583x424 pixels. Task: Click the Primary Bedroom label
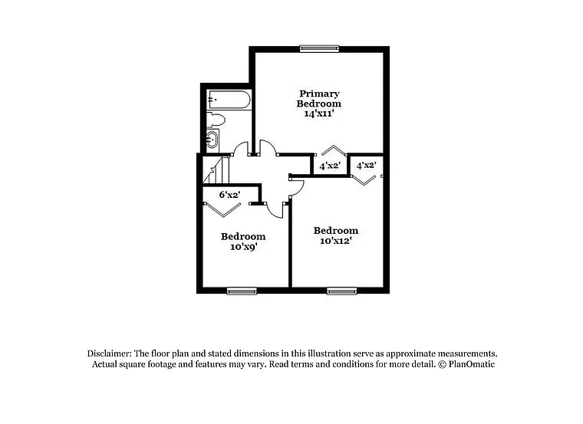[x=319, y=98]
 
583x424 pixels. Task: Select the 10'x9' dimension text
[x=243, y=247]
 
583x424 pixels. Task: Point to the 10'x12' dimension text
[x=336, y=241]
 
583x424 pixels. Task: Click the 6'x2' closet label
[x=230, y=195]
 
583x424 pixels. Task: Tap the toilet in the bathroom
[x=215, y=120]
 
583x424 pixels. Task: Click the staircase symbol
[x=213, y=169]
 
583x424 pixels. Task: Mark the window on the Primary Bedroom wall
[x=319, y=48]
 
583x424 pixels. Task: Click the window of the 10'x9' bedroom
[x=241, y=290]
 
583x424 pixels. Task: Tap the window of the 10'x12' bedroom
[x=341, y=290]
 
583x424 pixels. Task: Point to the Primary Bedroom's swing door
[x=268, y=148]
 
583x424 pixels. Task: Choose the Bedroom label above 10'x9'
[x=243, y=236]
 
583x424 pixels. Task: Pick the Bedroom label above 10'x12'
[x=336, y=230]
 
